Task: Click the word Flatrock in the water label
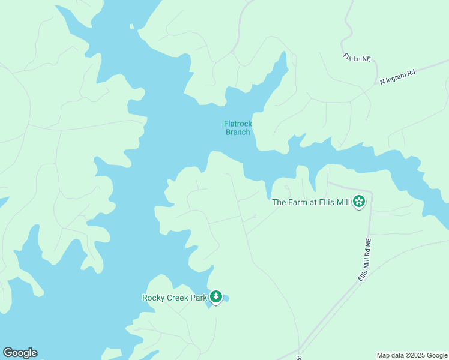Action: pos(238,124)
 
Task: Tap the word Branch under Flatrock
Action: pos(238,132)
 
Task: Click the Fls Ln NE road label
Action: pos(357,58)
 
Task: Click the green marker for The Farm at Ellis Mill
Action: pos(360,202)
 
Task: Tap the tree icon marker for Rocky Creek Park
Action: pos(216,297)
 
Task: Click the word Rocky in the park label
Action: pos(153,298)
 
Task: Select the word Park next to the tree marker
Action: pos(199,298)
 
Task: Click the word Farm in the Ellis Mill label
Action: pos(299,202)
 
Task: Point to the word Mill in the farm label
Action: pos(343,202)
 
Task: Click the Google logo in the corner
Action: pos(20,353)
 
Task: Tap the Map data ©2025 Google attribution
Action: pos(411,355)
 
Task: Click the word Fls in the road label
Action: pos(348,56)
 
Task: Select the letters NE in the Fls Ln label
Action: pos(366,59)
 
